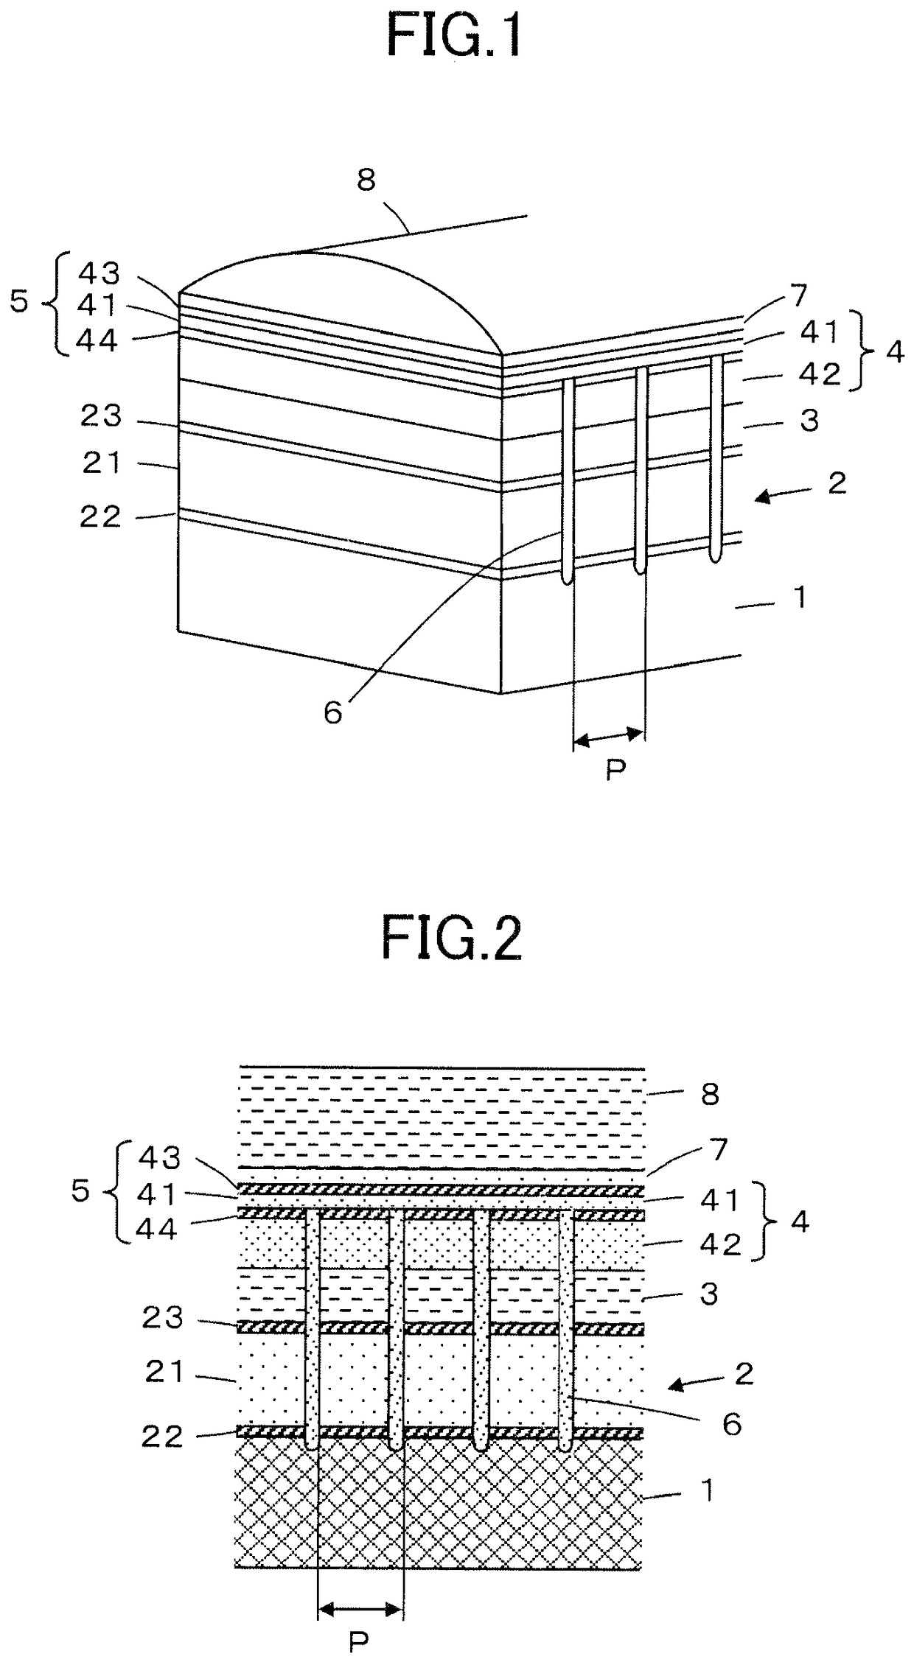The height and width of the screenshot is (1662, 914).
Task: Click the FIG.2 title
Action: (x=452, y=936)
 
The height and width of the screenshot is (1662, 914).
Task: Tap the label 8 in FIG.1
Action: (x=366, y=179)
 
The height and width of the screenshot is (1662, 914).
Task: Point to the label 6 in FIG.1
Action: (x=333, y=712)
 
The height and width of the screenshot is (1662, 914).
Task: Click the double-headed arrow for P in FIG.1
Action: (x=609, y=736)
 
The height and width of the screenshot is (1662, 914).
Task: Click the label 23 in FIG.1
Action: (x=102, y=417)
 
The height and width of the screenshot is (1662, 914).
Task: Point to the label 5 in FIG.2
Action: (x=81, y=1191)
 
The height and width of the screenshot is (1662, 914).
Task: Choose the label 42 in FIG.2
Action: (x=721, y=1244)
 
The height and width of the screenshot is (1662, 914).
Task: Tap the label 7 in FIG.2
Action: (x=719, y=1149)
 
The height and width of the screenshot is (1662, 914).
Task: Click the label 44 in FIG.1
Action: (x=99, y=342)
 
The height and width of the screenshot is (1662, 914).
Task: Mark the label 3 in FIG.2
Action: (x=709, y=1294)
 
